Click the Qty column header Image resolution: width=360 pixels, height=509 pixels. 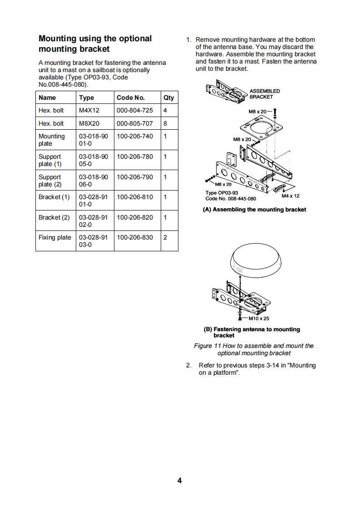pos(168,98)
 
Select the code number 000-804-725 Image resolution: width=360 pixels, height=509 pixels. pos(135,110)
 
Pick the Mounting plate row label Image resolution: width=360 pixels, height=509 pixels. pos(52,140)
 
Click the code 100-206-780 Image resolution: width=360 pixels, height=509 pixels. pos(135,157)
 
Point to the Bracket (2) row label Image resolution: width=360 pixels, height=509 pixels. pos(54,217)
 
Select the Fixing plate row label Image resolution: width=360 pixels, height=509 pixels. pos(55,237)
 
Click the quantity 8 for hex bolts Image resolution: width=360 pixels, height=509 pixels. pos(165,123)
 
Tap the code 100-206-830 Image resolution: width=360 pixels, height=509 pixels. pos(135,237)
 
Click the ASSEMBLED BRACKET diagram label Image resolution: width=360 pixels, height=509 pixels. pos(265,94)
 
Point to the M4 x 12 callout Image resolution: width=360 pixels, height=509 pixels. pos(291,196)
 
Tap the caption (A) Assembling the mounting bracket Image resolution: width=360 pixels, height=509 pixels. pos(255,210)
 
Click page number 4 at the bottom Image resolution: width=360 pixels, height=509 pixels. pos(180,481)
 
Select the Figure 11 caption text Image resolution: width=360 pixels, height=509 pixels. pos(254,349)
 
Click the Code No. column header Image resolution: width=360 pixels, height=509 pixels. pos(130,98)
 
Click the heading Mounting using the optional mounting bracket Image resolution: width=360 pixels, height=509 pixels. pos(95,44)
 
